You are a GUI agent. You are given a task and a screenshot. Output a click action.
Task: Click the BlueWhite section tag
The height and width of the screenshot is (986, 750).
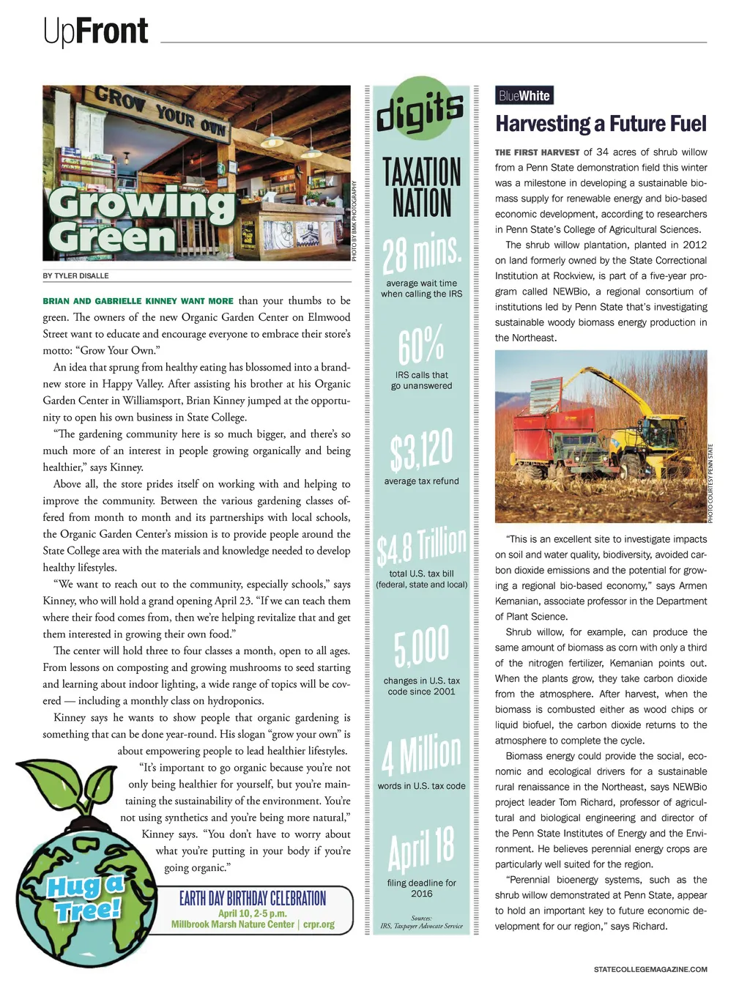pyautogui.click(x=524, y=96)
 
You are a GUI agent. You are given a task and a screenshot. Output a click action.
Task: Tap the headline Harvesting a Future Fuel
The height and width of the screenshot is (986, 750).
pyautogui.click(x=601, y=124)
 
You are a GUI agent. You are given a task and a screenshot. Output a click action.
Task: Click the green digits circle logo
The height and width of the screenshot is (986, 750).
pyautogui.click(x=420, y=111)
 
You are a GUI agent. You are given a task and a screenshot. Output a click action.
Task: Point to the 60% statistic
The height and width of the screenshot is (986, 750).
pyautogui.click(x=421, y=345)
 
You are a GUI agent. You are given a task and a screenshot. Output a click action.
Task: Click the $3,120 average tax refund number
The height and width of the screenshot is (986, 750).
pyautogui.click(x=421, y=451)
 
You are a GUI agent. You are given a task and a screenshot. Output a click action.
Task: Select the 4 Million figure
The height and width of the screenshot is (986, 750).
pyautogui.click(x=421, y=754)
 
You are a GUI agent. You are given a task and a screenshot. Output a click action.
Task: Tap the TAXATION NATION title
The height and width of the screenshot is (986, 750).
pyautogui.click(x=421, y=188)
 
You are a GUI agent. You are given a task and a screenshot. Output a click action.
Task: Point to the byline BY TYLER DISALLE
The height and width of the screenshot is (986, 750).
pyautogui.click(x=75, y=276)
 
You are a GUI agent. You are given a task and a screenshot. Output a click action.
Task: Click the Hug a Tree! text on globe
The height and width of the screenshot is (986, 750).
pyautogui.click(x=86, y=897)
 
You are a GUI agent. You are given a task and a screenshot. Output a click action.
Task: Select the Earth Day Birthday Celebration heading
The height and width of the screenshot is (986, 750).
pyautogui.click(x=253, y=898)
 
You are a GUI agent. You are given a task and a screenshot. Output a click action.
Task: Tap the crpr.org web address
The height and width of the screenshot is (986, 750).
pyautogui.click(x=319, y=924)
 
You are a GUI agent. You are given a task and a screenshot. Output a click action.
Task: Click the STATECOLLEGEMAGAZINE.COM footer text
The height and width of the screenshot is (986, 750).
pyautogui.click(x=650, y=969)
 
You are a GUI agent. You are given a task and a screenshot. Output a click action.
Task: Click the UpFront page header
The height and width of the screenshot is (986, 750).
pyautogui.click(x=95, y=31)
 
